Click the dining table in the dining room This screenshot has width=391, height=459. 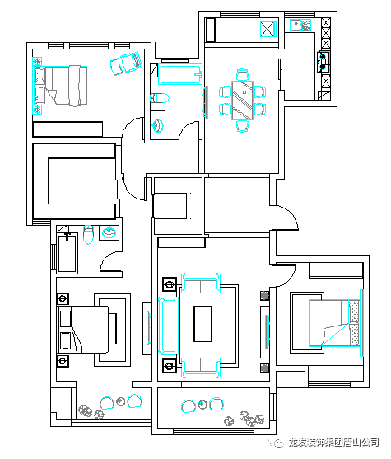243,100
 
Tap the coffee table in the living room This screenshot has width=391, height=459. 202,324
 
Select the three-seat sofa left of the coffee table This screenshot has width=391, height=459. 169,326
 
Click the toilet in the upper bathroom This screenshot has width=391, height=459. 160,98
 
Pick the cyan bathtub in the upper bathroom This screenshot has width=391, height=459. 180,74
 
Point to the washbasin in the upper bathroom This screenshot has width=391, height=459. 157,125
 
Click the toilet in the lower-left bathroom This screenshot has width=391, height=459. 88,235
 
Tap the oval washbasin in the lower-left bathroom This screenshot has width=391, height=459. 109,232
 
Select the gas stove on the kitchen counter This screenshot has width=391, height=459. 324,62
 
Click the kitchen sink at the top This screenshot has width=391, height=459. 300,25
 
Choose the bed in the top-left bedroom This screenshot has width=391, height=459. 61,86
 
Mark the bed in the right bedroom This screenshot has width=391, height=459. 334,323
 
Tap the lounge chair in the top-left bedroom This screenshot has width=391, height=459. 126,63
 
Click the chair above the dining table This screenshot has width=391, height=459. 243,75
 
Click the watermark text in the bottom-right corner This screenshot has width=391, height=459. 333,442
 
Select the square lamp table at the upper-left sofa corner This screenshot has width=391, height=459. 170,284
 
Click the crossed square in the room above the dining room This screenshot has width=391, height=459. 268,30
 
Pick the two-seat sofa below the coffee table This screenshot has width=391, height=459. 201,367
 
